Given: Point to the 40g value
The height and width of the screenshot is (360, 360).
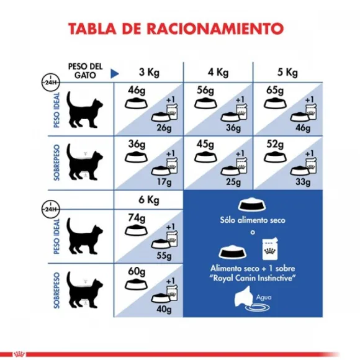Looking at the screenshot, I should (164, 310).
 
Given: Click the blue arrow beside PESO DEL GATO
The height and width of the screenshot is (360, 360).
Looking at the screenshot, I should (113, 73).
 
